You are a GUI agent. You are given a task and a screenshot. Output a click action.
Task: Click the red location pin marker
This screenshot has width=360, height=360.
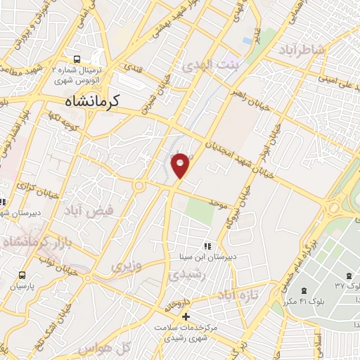pyautogui.click(x=181, y=164)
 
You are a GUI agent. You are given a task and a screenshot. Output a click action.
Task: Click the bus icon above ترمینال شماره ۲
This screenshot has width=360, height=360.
pyautogui.click(x=77, y=59)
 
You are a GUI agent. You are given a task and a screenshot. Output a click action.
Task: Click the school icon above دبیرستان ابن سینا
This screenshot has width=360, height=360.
pyautogui.click(x=207, y=246)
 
